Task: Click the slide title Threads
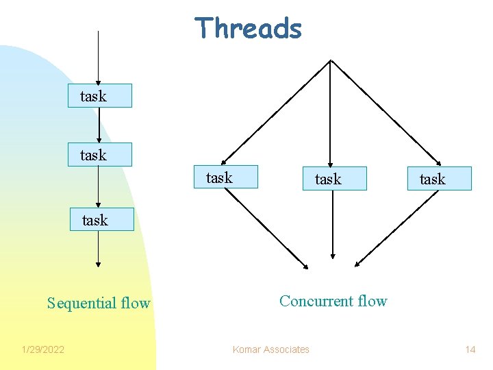coord(248,29)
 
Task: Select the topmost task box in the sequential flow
coord(100,96)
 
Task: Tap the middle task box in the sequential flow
coord(100,155)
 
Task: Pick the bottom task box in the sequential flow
coord(101,219)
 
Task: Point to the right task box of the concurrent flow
coord(439,179)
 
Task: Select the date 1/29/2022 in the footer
coord(42,350)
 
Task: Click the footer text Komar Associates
coord(270,349)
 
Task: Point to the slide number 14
coord(470,350)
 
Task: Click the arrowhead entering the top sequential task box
coord(99,81)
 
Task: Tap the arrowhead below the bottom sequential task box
coord(99,264)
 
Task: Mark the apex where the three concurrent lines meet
coord(331,60)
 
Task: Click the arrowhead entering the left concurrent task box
coord(224,162)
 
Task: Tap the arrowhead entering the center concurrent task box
coord(331,164)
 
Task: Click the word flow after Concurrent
coord(372,301)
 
